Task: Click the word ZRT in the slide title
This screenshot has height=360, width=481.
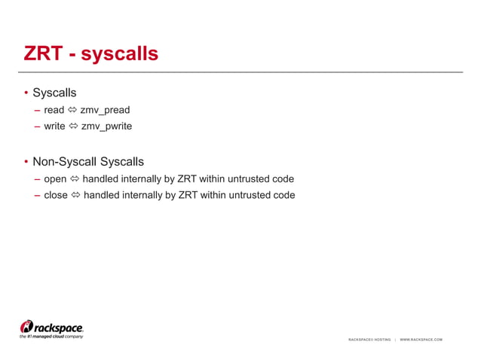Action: [x=42, y=54]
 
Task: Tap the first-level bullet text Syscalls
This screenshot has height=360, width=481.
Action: [x=54, y=93]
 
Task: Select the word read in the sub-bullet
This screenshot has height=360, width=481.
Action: [x=54, y=110]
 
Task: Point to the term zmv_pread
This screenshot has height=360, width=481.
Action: [x=105, y=110]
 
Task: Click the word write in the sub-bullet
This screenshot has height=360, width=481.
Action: [x=55, y=126]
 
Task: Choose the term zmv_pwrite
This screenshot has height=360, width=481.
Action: [x=106, y=126]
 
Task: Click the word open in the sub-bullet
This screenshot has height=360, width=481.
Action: [x=56, y=179]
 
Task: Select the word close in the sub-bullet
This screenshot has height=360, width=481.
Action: [x=56, y=195]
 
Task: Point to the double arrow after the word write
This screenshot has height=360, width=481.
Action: [x=73, y=126]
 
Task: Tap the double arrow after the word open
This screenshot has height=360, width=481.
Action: [x=75, y=179]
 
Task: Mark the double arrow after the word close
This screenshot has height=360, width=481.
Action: [x=75, y=195]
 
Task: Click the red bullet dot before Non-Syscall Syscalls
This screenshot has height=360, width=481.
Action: [x=26, y=162]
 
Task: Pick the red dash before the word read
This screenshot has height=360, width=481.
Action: [x=37, y=110]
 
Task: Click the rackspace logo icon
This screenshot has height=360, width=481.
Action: [x=27, y=326]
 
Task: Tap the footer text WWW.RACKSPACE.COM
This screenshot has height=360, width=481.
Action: [x=421, y=340]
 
